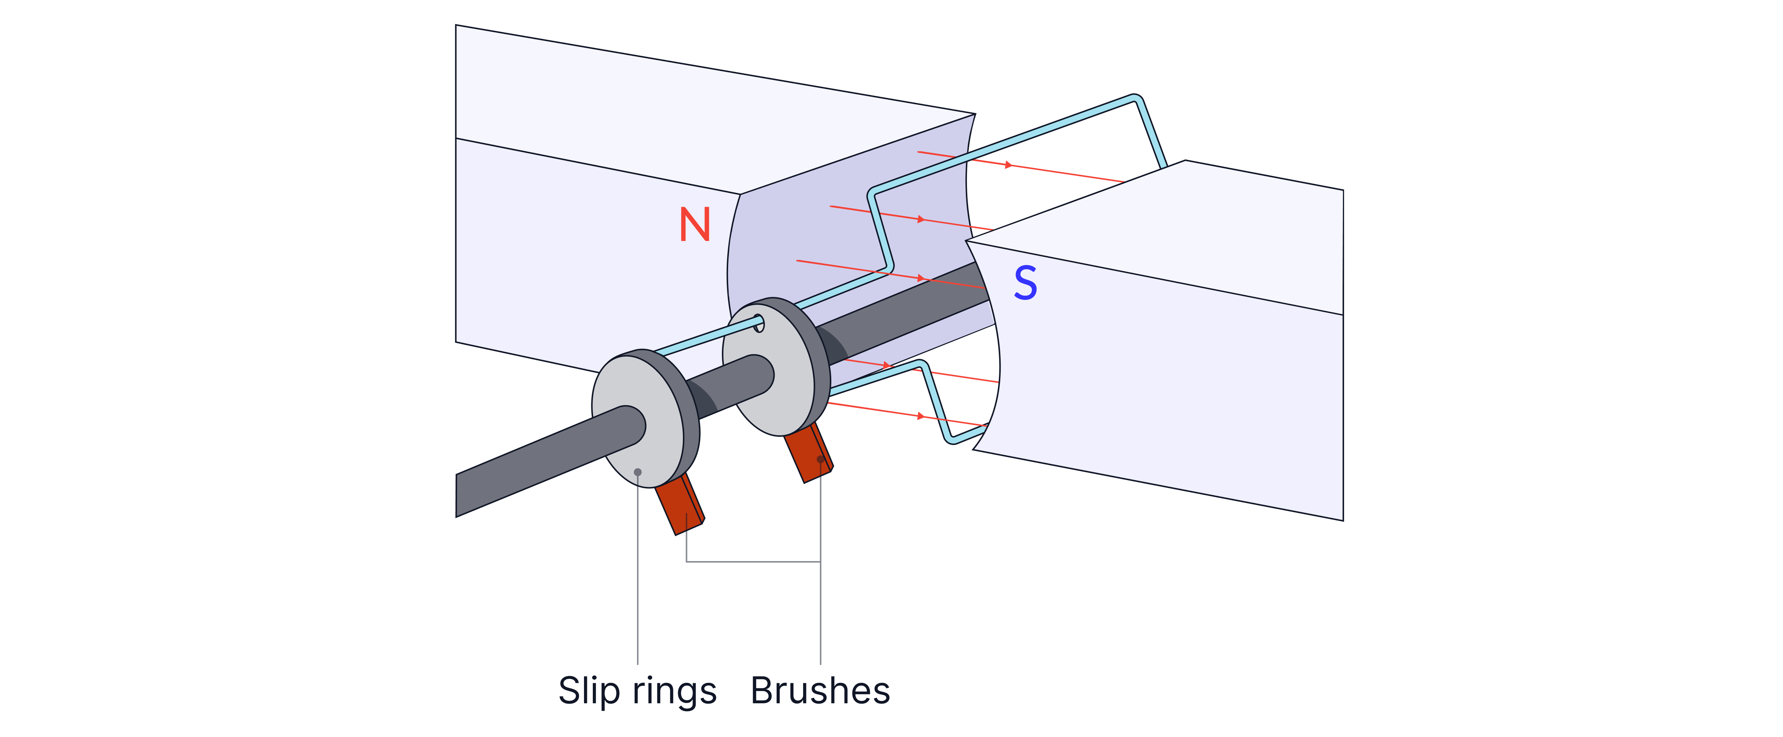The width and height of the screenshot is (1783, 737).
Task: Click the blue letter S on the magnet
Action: click(1025, 283)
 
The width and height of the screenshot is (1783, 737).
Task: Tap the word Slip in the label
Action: click(588, 691)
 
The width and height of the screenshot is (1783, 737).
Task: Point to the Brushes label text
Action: click(820, 691)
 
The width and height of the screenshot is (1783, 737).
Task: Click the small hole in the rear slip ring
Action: click(759, 323)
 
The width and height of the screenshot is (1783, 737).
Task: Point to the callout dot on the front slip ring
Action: click(637, 472)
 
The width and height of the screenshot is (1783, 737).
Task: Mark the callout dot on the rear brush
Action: click(820, 459)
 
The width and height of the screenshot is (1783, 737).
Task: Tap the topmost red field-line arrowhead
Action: click(1008, 165)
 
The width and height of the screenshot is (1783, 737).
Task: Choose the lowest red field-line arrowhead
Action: click(921, 416)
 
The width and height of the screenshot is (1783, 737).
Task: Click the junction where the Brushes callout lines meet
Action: click(820, 561)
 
